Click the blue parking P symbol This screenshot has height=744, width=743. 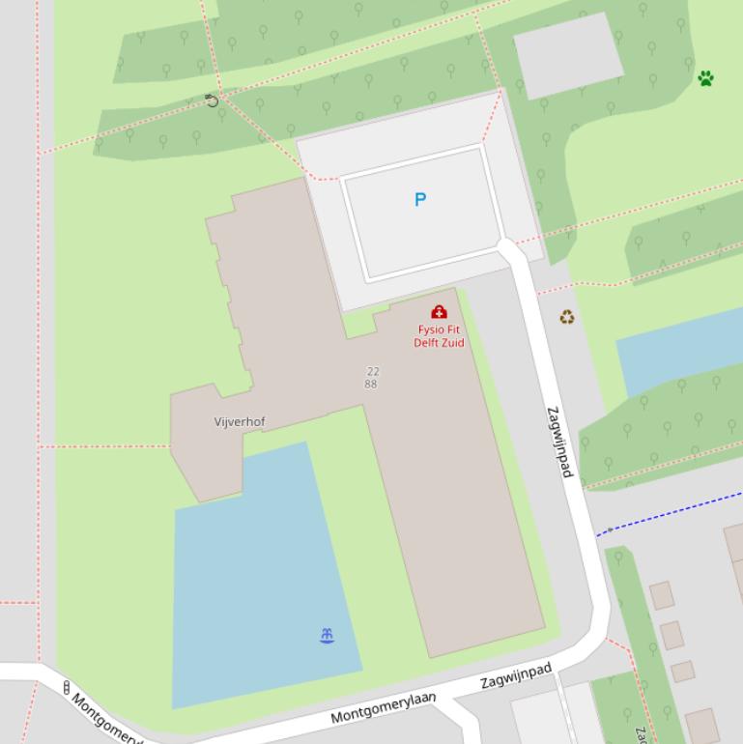point(419,200)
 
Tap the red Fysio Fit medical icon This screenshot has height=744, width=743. point(439,312)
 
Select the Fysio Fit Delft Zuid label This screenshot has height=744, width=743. point(439,336)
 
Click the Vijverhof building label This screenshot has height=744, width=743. point(240,422)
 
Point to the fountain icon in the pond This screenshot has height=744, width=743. point(327,635)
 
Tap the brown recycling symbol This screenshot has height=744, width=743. point(567,317)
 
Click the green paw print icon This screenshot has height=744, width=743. point(705,78)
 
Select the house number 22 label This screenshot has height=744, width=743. point(373,371)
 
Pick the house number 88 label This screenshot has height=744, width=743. point(371,384)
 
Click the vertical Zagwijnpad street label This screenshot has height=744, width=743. point(559,442)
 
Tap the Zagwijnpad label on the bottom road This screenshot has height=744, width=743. point(516,675)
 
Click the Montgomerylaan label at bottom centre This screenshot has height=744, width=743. point(383,708)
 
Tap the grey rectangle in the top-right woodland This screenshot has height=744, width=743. point(567,55)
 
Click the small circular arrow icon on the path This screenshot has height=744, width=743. point(212,100)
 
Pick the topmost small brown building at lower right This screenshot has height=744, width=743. point(661,595)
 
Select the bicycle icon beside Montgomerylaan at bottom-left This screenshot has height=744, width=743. point(67,688)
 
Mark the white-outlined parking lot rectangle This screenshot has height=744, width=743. point(420,213)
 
